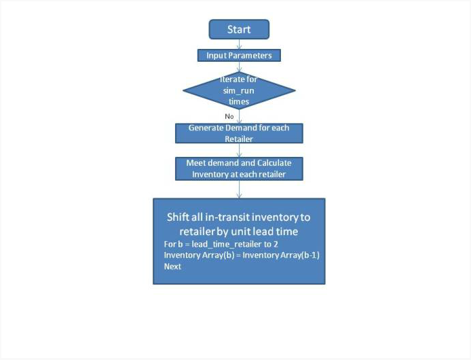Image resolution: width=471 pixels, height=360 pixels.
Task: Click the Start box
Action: point(239,29)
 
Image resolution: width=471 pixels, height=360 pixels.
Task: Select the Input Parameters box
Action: point(239,55)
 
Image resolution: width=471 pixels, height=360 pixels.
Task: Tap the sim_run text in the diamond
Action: point(239,90)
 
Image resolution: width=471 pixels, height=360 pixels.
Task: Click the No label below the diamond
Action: point(229,116)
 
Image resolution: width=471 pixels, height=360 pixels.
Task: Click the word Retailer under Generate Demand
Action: point(239,139)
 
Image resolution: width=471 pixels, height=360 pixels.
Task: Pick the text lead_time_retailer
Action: point(225,245)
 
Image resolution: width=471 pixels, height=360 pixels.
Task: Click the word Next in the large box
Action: point(172,266)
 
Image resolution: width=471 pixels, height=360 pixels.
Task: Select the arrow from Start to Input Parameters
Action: point(239,44)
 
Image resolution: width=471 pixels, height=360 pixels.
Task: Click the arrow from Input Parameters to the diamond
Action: point(239,67)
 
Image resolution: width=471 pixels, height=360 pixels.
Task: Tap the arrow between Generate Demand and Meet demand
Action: point(239,150)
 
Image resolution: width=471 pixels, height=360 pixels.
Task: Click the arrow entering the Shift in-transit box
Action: point(239,190)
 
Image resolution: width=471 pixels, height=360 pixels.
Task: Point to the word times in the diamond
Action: point(239,102)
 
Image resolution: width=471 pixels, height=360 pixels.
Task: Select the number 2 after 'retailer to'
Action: point(276,245)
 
